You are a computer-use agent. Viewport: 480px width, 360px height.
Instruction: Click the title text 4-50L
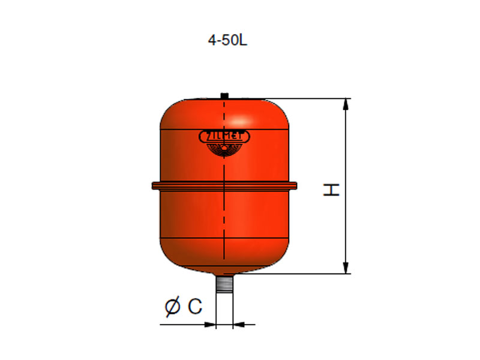click(x=227, y=40)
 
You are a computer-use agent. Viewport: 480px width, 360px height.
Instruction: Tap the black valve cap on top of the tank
click(x=224, y=95)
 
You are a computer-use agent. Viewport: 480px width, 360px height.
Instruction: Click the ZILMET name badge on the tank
click(x=224, y=137)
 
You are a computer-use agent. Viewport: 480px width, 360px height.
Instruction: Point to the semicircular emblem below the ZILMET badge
click(x=224, y=150)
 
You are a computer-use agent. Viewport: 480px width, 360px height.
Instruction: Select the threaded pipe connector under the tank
click(x=224, y=284)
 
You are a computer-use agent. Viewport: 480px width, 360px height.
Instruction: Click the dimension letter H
click(x=332, y=190)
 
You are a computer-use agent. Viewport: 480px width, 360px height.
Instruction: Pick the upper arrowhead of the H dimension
click(x=346, y=104)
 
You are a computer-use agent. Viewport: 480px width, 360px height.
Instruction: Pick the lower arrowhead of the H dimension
click(x=346, y=268)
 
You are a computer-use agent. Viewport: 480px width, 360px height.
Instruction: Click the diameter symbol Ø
click(x=172, y=306)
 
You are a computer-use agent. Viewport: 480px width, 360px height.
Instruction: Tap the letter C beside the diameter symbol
click(x=195, y=306)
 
